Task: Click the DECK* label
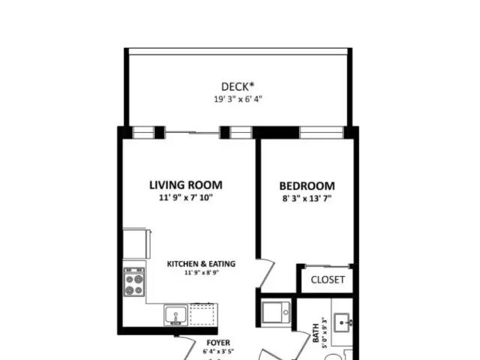[238, 87]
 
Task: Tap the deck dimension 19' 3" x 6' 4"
[238, 99]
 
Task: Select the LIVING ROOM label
[186, 185]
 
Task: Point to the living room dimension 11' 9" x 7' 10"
[186, 197]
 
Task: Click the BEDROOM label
[307, 186]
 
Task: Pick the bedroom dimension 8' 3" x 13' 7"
[307, 199]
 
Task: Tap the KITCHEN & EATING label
[201, 264]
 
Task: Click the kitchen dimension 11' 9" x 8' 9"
[202, 272]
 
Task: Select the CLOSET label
[328, 280]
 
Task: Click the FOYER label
[218, 343]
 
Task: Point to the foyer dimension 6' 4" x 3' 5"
[218, 352]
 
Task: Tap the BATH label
[316, 333]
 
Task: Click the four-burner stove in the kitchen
[134, 282]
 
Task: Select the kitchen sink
[175, 315]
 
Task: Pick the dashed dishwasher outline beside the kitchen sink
[202, 314]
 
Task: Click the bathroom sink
[342, 322]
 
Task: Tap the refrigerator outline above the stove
[136, 244]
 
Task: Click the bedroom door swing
[265, 274]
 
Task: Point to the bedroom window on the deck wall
[322, 133]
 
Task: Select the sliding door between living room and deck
[193, 133]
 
